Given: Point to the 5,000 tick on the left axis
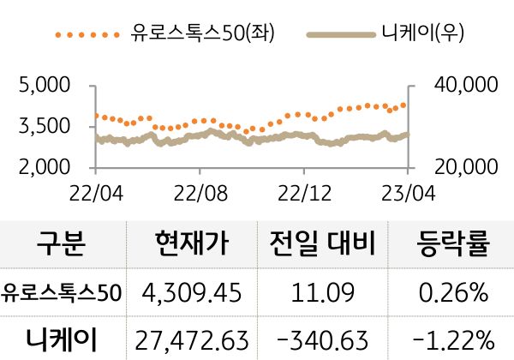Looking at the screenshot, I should [x=41, y=86].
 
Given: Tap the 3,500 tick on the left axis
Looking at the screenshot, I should [x=41, y=126].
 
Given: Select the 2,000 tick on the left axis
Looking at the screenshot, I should [x=41, y=166].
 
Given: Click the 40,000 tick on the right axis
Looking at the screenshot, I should [x=465, y=86].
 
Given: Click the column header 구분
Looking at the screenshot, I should [x=62, y=245].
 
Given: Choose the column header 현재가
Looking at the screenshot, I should [x=194, y=245].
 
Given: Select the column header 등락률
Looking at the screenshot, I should [x=451, y=245].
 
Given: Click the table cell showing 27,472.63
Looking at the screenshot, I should [x=192, y=339].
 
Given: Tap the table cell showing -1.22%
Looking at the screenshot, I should [x=451, y=339].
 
